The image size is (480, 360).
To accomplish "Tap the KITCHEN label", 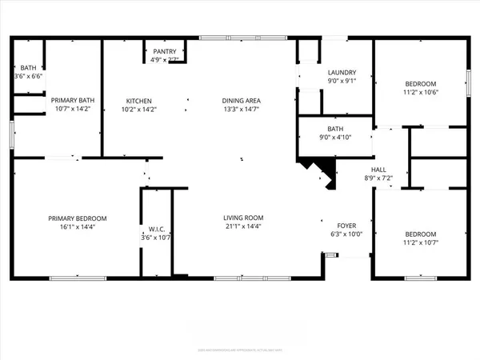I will point(138,101).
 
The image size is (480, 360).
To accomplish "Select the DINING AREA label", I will point(242,101).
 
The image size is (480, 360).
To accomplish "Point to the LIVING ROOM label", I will point(243,218).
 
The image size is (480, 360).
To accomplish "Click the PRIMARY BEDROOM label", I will point(77,218).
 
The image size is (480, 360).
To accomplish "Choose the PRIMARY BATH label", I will point(71,101).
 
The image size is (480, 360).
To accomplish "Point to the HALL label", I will point(379,170).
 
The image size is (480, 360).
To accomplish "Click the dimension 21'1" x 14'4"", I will point(243,227).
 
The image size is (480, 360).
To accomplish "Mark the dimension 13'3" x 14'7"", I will point(242,110).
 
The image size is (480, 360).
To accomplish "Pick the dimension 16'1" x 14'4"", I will point(77,228).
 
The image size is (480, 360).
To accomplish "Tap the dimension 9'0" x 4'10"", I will point(334,137).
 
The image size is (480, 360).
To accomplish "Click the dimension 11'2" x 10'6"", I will point(421,92).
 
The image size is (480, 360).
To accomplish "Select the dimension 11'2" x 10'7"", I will point(421,243).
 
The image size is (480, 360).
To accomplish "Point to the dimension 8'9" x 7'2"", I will point(379,178).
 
